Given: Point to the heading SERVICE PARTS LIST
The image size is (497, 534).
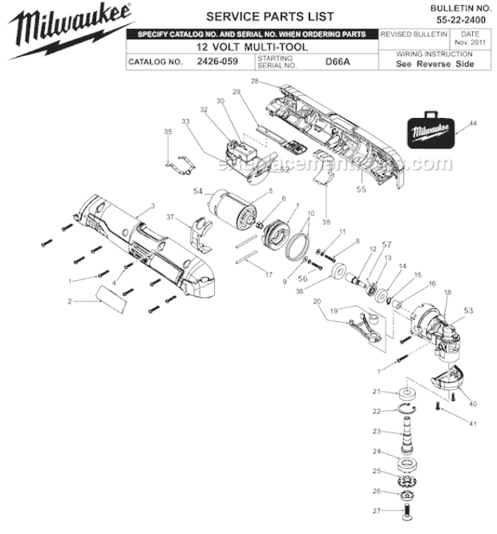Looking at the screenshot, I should click(x=260, y=16).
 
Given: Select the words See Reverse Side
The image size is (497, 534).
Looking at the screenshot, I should click(x=434, y=63).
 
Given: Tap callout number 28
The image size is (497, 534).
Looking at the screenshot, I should click(x=254, y=82).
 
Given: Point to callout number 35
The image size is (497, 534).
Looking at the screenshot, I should click(x=168, y=132).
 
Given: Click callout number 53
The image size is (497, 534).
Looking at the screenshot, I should click(x=468, y=310).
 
